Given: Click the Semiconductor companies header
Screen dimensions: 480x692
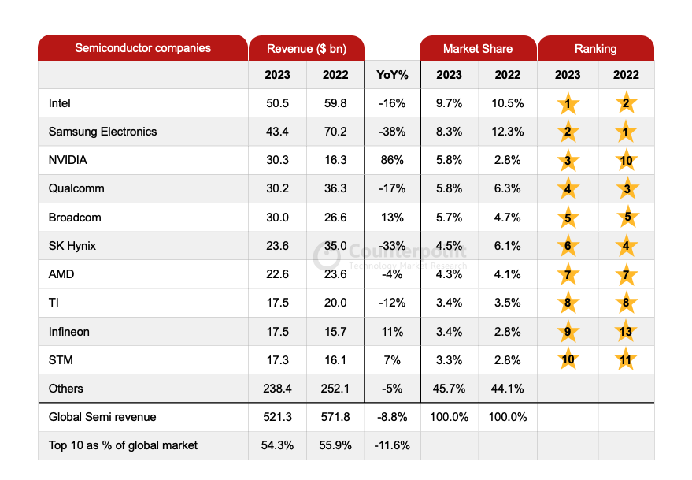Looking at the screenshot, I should point(142,48).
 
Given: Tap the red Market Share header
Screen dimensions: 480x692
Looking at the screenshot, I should point(478,49).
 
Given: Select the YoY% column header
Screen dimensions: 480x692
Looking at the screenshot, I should point(392,75).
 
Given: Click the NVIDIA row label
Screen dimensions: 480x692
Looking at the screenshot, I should point(68,160).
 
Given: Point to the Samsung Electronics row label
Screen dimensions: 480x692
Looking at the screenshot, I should point(102,132).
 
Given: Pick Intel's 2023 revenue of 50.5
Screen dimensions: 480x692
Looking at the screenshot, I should point(277,103).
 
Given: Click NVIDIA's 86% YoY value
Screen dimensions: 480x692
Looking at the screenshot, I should point(392,160).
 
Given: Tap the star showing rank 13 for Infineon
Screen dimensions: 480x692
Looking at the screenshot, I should point(626,332).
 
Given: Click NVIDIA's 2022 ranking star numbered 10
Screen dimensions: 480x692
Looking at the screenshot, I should point(626,161).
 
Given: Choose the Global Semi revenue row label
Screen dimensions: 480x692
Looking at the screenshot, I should point(102,417).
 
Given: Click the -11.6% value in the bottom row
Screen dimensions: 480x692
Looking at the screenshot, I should point(392,445).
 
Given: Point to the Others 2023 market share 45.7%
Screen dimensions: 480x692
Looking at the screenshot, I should point(450,389).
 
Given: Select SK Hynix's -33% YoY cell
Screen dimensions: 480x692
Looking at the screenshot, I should point(392,246).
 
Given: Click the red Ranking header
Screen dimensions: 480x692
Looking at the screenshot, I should point(596,49).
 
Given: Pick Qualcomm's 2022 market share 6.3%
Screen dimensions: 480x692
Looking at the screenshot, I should point(508,189).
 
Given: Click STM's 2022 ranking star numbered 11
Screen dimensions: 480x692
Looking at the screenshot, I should point(626,360).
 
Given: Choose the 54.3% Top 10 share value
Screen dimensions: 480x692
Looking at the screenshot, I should point(277,445).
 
